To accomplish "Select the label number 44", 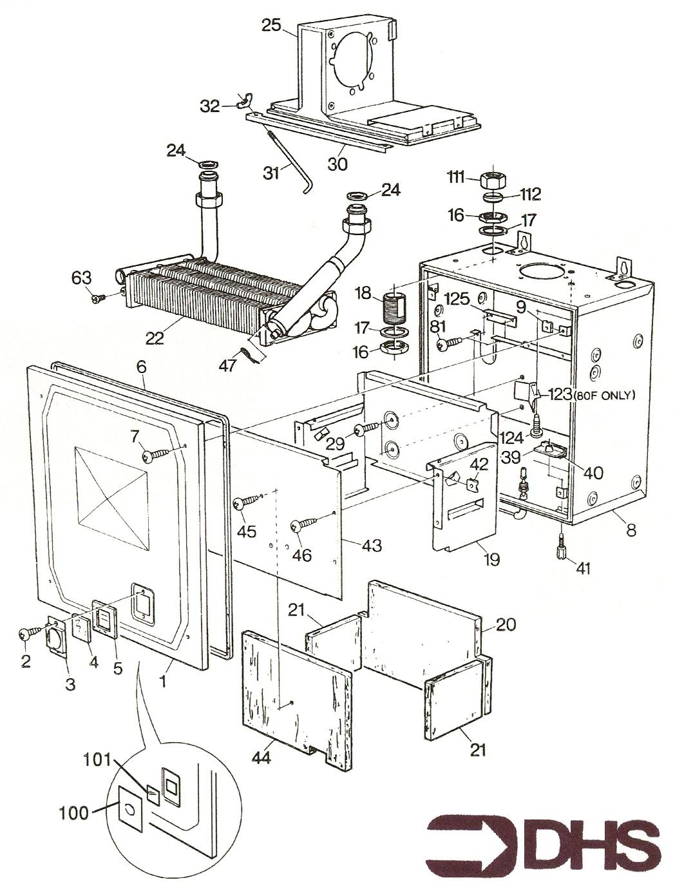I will point(261,758).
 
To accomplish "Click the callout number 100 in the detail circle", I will point(76,813).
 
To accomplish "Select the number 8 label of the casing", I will point(631,530).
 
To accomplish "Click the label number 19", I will point(491,559).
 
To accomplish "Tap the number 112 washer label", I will point(531,193).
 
